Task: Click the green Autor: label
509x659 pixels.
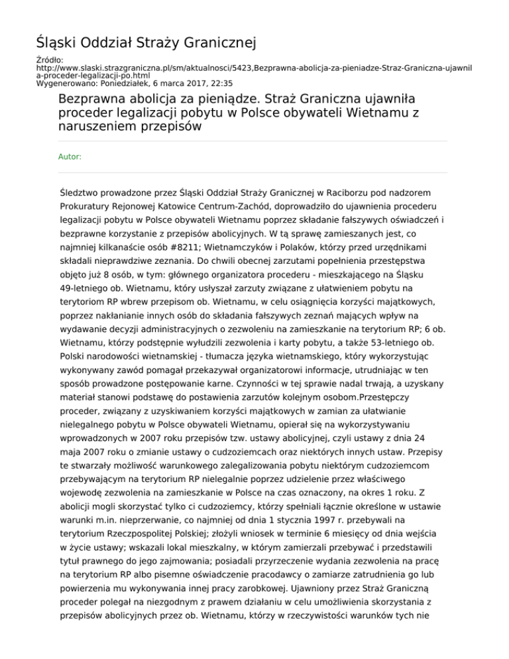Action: (70, 157)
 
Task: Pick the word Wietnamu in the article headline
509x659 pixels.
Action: (337, 114)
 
